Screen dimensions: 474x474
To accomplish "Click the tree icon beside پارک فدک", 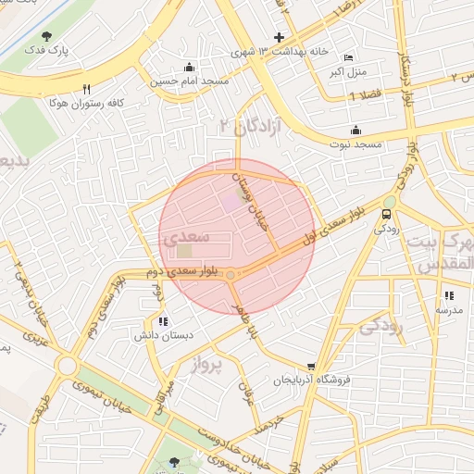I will click(x=46, y=36).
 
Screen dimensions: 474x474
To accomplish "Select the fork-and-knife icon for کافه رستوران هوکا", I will click(x=86, y=89).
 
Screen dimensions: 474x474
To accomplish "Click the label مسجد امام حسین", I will click(x=190, y=81).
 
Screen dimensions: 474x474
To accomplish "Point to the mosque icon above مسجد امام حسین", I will click(x=190, y=67).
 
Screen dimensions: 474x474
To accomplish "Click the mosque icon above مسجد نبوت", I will click(x=356, y=131).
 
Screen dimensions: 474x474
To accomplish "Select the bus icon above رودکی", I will click(x=386, y=215).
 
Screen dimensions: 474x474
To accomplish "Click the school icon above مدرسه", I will click(x=449, y=295).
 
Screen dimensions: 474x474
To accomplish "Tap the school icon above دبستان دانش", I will click(x=163, y=321).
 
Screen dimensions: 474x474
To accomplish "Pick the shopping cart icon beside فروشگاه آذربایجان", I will click(x=310, y=367).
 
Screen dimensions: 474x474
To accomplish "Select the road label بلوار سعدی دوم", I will click(x=191, y=272).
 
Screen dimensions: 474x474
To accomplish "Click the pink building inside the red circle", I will click(x=229, y=202).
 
